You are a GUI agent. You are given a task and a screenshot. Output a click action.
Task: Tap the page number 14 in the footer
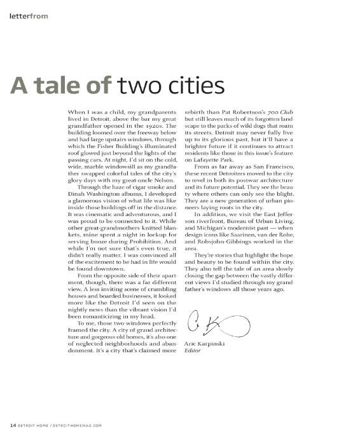[x=12, y=425]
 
